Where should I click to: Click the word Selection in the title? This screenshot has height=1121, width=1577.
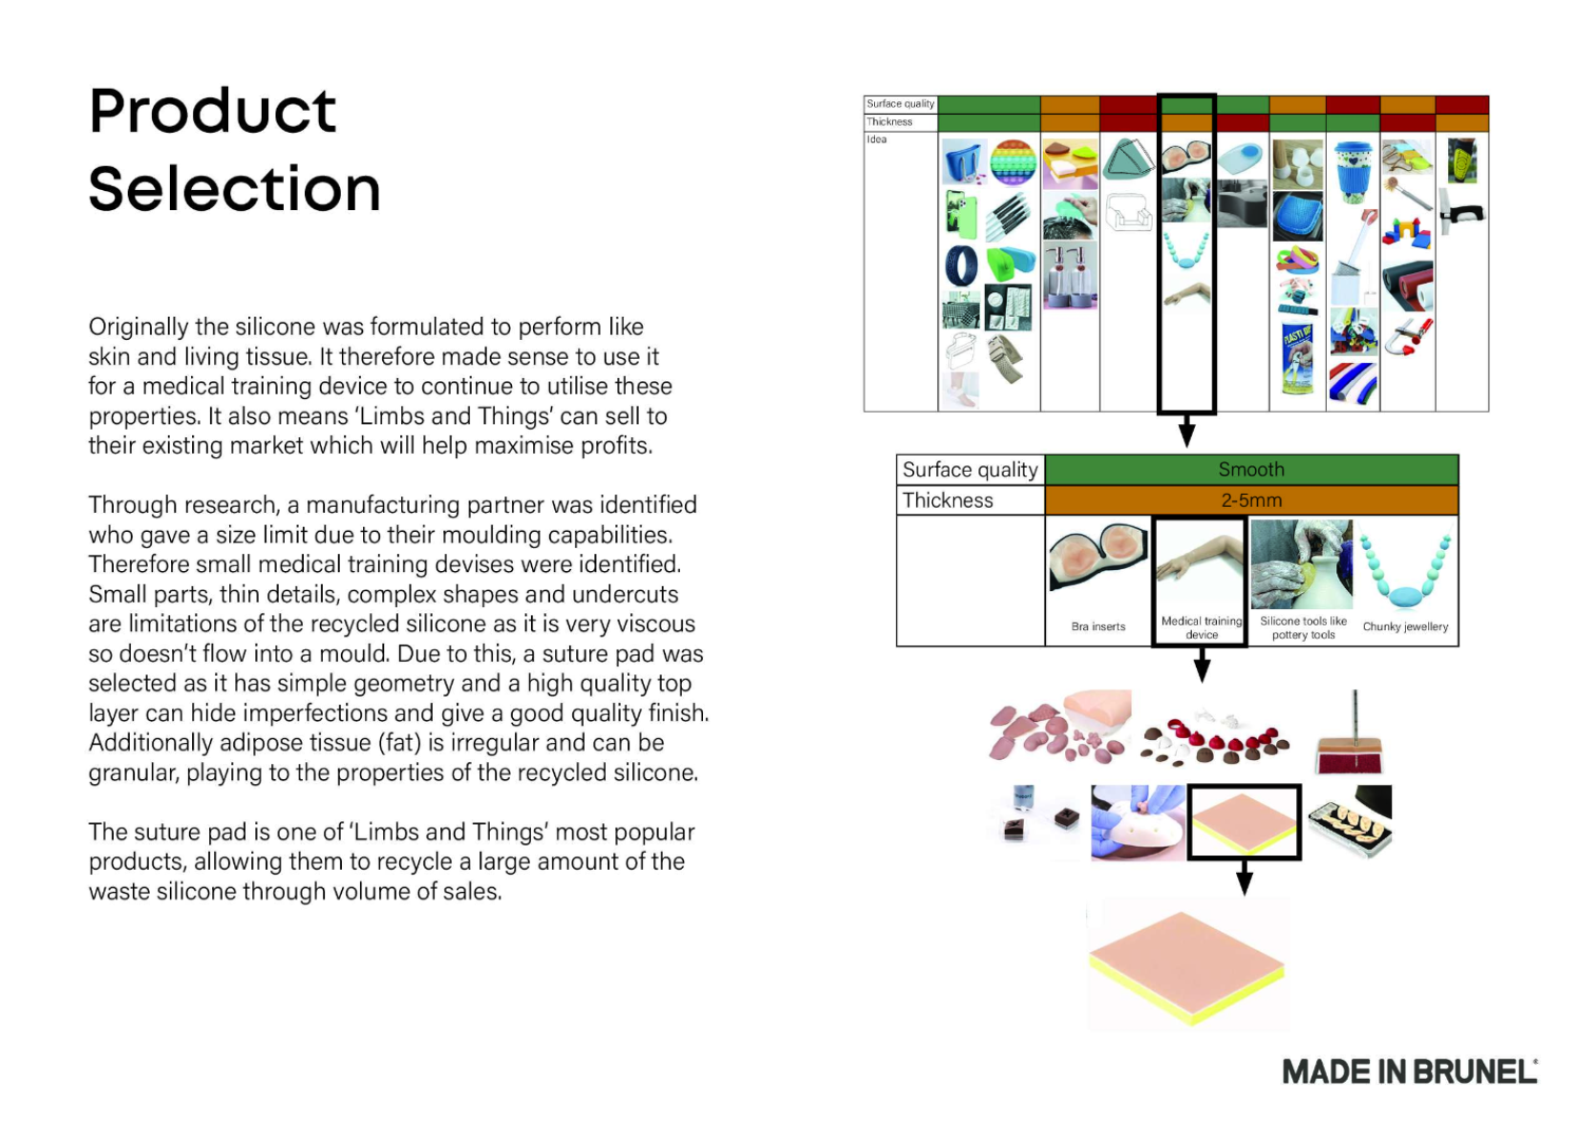tap(234, 189)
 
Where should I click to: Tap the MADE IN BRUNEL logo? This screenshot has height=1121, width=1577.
tap(1410, 1071)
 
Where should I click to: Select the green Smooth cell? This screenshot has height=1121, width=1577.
tap(1251, 470)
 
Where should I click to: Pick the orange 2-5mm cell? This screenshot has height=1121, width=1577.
tap(1251, 500)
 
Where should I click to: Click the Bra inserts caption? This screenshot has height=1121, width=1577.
tap(1098, 626)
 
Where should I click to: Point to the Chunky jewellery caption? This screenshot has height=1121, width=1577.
tap(1405, 626)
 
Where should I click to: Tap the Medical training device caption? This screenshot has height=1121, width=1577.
tap(1201, 627)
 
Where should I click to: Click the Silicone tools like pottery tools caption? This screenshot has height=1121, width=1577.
tap(1303, 627)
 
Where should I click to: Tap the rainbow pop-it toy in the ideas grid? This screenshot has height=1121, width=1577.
tap(1013, 162)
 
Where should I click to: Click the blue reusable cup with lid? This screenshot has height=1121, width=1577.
tap(1353, 171)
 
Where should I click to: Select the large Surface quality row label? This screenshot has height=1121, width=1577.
tap(970, 470)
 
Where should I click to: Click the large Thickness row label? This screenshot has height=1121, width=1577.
tap(948, 500)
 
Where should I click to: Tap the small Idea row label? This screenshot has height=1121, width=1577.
tap(877, 139)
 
